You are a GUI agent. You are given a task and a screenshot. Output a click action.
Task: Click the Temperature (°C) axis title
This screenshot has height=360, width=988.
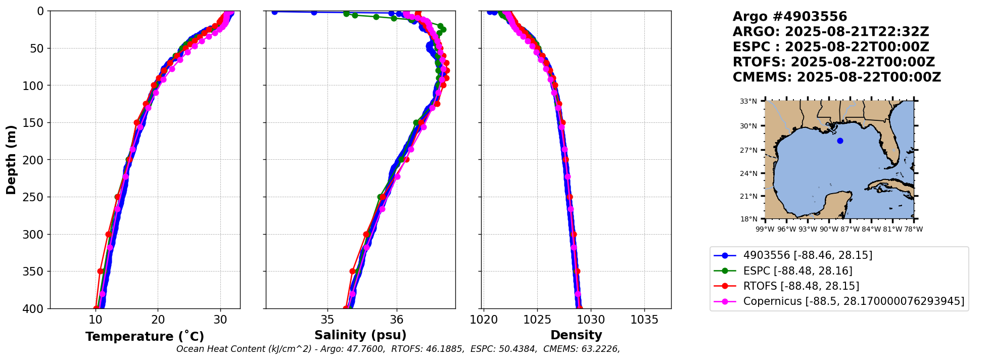click(145, 336)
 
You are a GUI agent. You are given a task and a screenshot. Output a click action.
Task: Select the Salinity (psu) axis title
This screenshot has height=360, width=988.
click(360, 335)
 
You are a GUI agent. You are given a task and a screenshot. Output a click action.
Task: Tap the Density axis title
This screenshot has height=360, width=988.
click(576, 335)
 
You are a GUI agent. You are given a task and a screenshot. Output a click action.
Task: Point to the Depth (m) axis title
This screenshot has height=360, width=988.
click(11, 160)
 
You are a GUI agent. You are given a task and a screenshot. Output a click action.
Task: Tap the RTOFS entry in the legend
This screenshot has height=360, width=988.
click(801, 286)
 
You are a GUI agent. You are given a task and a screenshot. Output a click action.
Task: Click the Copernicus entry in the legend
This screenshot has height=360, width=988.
click(854, 302)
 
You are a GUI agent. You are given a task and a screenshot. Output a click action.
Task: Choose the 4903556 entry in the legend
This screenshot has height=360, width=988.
click(808, 255)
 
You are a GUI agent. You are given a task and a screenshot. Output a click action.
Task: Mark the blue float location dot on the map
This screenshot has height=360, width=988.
click(840, 141)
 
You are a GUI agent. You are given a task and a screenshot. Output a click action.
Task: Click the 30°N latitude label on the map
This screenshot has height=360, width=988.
click(748, 126)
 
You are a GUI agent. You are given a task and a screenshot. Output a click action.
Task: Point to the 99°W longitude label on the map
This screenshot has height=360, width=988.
click(765, 229)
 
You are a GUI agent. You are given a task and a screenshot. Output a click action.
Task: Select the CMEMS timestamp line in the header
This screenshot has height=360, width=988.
click(836, 77)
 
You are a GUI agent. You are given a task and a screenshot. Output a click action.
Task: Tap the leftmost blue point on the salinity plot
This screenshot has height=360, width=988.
click(274, 12)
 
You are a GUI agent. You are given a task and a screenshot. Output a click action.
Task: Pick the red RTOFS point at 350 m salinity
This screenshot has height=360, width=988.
click(353, 272)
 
